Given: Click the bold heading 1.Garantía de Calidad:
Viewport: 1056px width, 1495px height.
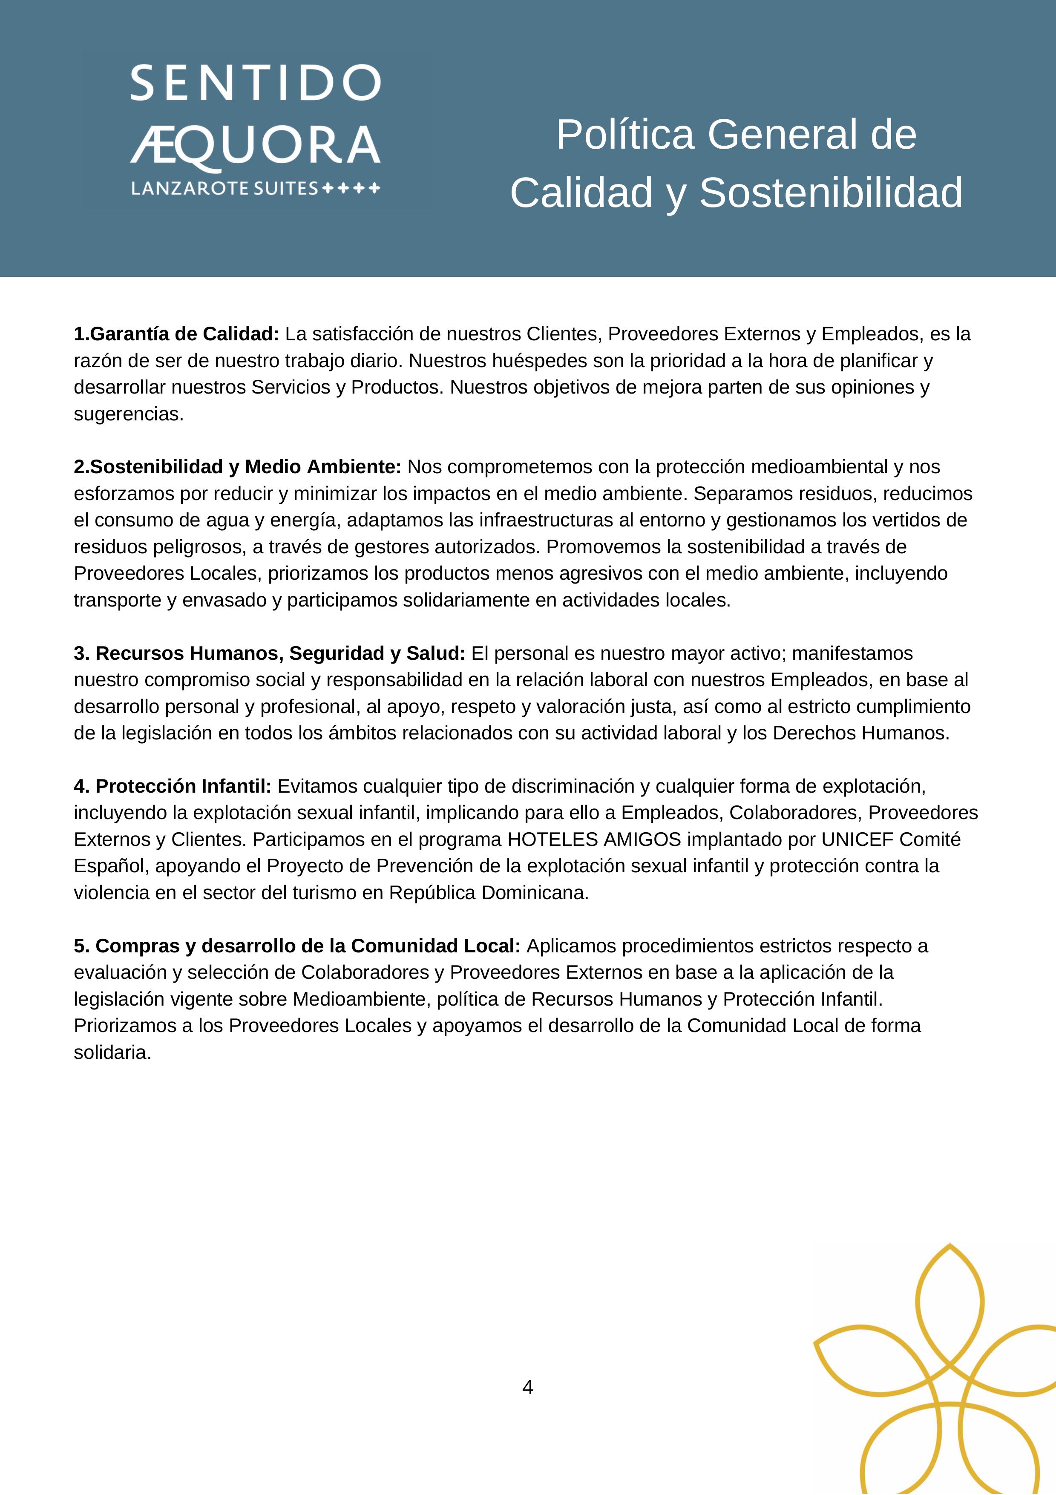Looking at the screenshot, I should pyautogui.click(x=176, y=334).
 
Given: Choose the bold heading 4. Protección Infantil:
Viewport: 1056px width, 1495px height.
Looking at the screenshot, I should pyautogui.click(x=173, y=787).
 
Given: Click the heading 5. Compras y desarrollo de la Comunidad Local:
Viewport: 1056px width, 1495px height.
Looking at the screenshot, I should pyautogui.click(x=297, y=946).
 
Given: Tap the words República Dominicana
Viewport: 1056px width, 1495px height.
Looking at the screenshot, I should pyautogui.click(x=488, y=893).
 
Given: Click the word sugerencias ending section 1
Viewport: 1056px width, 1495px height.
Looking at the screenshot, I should pyautogui.click(x=128, y=414).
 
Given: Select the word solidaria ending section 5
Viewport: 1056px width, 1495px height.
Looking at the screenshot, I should pyautogui.click(x=112, y=1052).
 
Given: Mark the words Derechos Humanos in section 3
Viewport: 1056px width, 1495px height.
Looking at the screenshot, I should pyautogui.click(x=860, y=733).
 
